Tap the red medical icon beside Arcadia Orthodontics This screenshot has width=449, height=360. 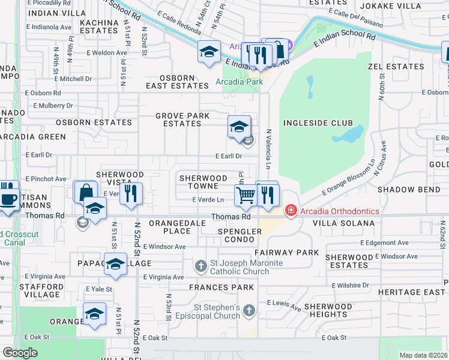tap(291, 211)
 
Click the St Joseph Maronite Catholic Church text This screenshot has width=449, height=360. tap(246, 268)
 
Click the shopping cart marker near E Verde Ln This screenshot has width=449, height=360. tap(246, 194)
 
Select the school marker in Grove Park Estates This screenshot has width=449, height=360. tap(239, 127)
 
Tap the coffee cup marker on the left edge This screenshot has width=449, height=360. tap(7, 199)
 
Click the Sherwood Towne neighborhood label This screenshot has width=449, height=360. tap(203, 182)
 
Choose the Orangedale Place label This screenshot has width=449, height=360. tap(170, 227)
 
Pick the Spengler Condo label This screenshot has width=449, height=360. tap(240, 235)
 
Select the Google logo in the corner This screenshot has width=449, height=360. tap(20, 353)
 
